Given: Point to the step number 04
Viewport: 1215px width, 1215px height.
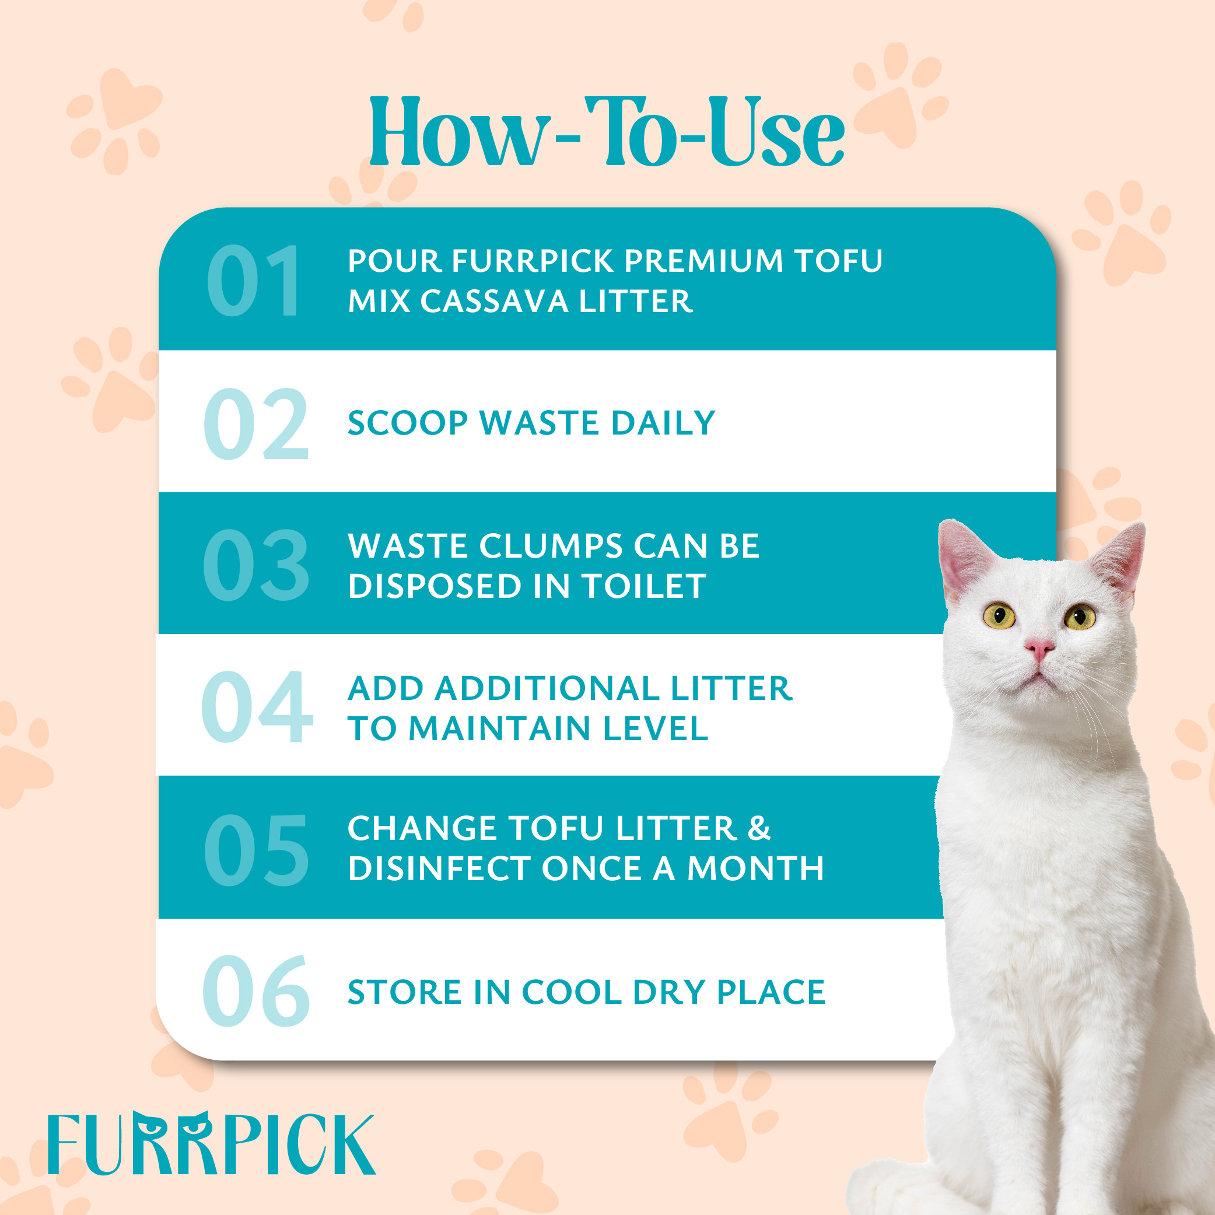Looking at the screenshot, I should (257, 706).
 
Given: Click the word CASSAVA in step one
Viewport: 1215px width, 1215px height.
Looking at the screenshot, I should (493, 301).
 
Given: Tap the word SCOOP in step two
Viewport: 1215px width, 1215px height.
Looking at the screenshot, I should (408, 423).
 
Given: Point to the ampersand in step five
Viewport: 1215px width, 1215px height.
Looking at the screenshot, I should (759, 828).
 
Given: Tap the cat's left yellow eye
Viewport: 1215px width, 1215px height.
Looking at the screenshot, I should (999, 615).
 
